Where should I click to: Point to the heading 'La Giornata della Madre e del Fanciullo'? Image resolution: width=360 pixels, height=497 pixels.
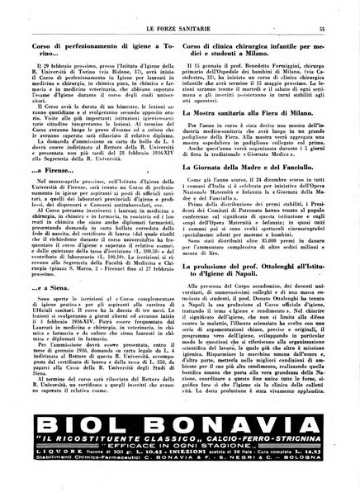[263, 213]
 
